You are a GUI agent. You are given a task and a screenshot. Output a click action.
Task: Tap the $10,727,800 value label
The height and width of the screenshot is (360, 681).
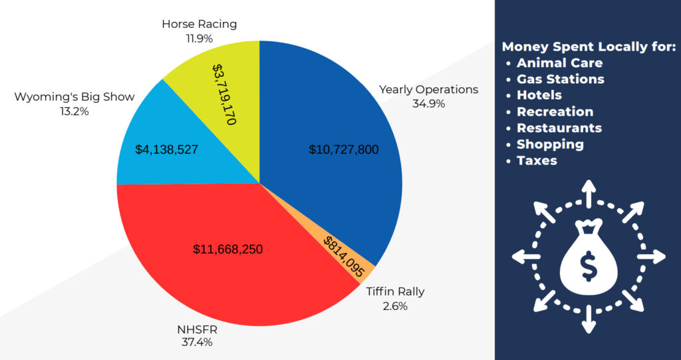(343, 150)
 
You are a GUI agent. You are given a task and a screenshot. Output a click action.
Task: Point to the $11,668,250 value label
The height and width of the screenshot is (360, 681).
(228, 250)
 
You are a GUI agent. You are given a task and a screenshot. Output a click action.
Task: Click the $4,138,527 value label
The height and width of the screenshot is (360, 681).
(166, 150)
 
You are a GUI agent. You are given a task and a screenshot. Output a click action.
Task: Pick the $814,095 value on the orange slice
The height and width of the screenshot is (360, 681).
(344, 256)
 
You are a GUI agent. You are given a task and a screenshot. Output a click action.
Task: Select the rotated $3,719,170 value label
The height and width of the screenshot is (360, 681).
(226, 93)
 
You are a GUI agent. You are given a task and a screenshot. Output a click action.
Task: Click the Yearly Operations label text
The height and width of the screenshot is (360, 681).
(428, 89)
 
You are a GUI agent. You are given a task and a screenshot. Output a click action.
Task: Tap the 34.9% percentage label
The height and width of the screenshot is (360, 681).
(428, 104)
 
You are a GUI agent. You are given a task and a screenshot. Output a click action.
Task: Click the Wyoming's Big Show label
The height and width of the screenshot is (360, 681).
(74, 97)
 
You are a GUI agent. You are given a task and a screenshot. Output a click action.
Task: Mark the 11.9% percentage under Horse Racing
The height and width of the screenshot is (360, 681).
(200, 39)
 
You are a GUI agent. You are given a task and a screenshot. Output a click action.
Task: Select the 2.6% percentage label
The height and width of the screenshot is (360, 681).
(395, 306)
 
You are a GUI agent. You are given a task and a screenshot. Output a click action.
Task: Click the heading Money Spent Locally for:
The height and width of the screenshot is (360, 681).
(589, 47)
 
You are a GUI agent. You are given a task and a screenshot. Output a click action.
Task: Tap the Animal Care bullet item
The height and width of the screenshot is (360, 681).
(559, 63)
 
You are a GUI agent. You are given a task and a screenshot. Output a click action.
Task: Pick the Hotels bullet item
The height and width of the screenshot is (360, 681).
(539, 95)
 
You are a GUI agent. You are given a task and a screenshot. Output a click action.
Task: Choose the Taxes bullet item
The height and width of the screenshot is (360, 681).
(537, 160)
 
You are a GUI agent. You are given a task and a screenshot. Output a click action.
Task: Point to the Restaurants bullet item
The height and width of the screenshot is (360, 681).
(559, 128)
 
